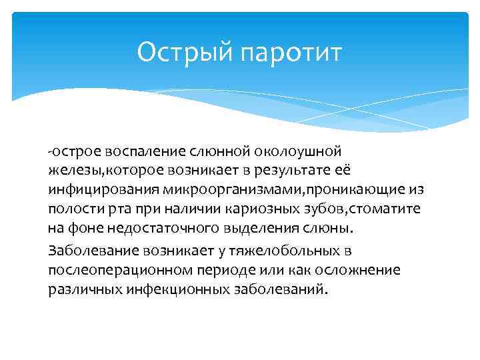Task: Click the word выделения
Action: pyautogui.click(x=248, y=227)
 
